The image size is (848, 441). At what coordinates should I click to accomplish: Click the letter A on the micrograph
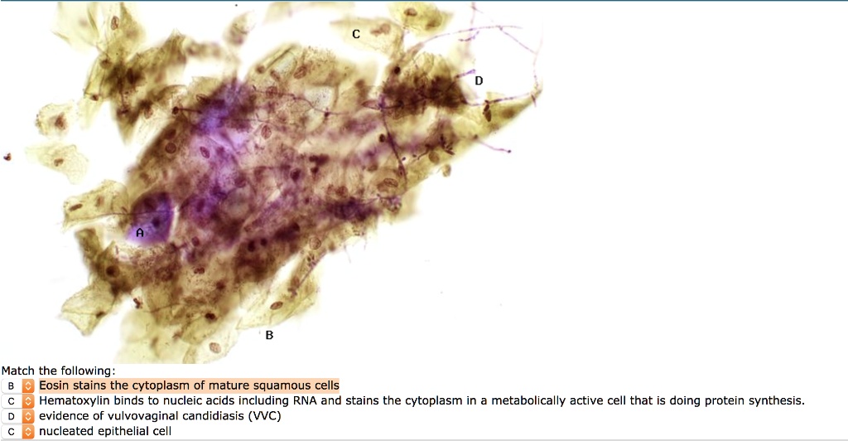[x=140, y=233]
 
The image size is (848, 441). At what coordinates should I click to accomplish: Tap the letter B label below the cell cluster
[x=269, y=336]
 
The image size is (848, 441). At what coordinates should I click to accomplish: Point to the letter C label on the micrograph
[x=356, y=34]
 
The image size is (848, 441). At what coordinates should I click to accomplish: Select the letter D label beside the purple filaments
[x=479, y=80]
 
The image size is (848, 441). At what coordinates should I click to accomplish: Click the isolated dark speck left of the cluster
[x=7, y=157]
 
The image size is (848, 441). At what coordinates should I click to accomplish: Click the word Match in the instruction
[x=18, y=371]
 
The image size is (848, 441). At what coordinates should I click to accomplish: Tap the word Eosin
[x=54, y=385]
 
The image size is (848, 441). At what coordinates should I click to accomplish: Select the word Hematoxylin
[x=70, y=401]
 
